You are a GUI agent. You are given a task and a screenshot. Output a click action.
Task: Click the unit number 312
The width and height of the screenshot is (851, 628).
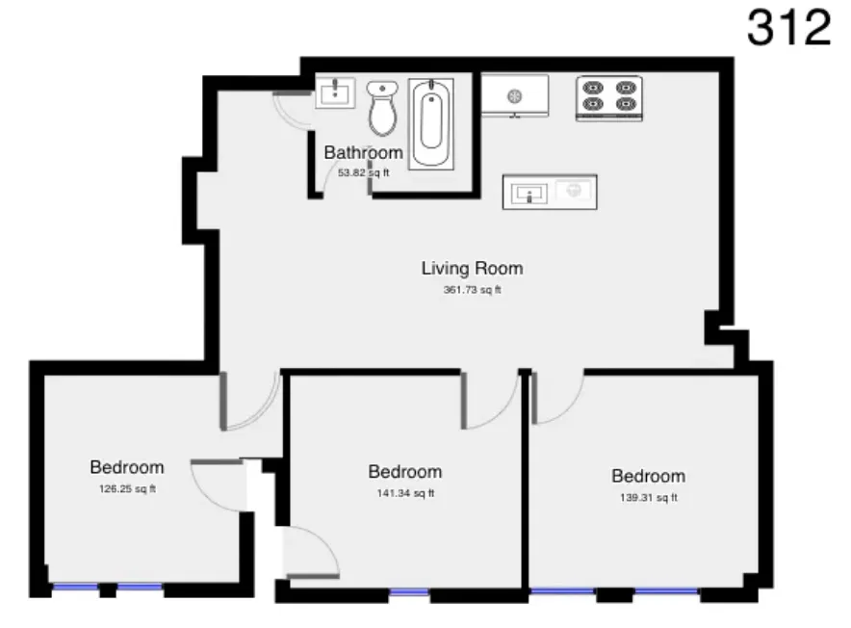(x=788, y=28)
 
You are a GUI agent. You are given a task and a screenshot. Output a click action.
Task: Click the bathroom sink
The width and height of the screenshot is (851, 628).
(x=335, y=94)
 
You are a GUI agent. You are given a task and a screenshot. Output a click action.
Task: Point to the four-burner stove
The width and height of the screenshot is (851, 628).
(x=608, y=97)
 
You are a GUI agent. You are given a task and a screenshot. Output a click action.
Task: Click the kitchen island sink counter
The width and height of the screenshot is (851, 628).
(x=549, y=192)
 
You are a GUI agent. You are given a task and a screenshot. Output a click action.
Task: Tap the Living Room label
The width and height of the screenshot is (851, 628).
(x=472, y=268)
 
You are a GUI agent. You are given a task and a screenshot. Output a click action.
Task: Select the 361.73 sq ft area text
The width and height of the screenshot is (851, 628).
(x=472, y=290)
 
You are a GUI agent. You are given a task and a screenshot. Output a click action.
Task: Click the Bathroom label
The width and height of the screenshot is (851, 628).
(x=363, y=152)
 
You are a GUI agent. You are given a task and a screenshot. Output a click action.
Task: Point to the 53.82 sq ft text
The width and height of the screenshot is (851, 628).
(x=363, y=173)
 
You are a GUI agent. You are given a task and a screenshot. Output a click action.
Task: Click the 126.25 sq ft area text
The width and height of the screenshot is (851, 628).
(x=127, y=489)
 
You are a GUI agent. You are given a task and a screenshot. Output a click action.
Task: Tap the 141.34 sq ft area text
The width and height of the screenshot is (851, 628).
(x=404, y=494)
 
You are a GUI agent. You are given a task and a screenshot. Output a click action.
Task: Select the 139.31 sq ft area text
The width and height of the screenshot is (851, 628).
(x=648, y=498)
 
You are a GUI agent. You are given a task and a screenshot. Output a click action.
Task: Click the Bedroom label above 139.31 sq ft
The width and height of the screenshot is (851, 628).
(x=648, y=476)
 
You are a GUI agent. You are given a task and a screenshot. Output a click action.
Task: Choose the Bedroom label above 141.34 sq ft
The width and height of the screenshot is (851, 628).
(x=404, y=472)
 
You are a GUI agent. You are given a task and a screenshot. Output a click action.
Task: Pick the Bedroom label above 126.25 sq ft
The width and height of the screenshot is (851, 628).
(x=127, y=467)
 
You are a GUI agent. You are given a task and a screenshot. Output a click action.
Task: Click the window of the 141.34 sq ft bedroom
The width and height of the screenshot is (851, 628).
(x=409, y=593)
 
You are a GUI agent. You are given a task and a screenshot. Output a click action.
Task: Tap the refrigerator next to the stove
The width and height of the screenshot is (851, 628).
(x=515, y=96)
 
